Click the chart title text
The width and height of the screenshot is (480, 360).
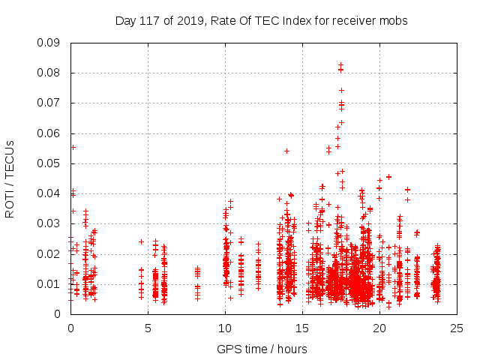tap(261, 21)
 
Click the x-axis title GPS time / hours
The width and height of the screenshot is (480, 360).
tap(262, 349)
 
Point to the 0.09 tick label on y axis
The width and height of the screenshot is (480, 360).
tap(49, 43)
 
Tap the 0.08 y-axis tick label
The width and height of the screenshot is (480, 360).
tap(49, 73)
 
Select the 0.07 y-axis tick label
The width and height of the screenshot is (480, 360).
tap(49, 103)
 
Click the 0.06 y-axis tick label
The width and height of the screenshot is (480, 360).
tap(49, 133)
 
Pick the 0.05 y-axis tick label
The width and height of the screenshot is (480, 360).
tap(49, 163)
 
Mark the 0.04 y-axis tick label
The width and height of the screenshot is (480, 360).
tap(49, 193)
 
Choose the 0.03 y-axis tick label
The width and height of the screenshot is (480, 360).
tap(49, 223)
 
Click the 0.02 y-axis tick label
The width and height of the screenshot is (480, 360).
tap(49, 253)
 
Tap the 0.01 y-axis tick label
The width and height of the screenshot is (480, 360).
tap(49, 283)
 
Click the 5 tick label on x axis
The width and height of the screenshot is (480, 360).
tap(148, 328)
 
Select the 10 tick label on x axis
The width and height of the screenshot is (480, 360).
tap(225, 328)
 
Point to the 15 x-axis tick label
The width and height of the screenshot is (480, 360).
tap(302, 328)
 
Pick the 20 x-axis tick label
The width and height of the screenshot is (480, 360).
tap(379, 328)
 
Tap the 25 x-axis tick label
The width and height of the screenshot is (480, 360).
tap(457, 328)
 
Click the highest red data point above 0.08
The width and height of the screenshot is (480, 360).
tap(340, 64)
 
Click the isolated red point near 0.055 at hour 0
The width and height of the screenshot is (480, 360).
tap(73, 147)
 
